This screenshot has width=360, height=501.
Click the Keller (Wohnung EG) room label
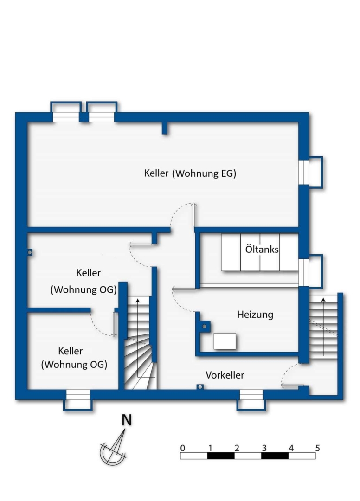[190, 173]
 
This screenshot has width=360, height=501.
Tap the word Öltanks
[262, 249]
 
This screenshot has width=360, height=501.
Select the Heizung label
[255, 315]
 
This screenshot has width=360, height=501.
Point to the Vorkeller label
[225, 375]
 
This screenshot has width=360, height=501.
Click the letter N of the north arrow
[127, 420]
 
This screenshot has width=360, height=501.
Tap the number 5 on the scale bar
[317, 448]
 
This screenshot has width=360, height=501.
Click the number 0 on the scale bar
[182, 448]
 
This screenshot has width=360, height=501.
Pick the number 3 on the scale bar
[264, 448]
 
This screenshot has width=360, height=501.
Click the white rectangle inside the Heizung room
[225, 341]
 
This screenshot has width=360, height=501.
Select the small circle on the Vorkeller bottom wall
[200, 387]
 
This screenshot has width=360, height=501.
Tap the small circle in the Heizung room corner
[205, 326]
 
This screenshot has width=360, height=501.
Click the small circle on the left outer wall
[30, 252]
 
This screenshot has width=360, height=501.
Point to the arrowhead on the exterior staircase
[323, 299]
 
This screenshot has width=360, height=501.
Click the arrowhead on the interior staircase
[138, 300]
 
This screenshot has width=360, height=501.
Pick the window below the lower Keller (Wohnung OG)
[78, 400]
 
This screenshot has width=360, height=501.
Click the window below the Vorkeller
[251, 400]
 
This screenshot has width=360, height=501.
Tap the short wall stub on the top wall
[165, 128]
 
